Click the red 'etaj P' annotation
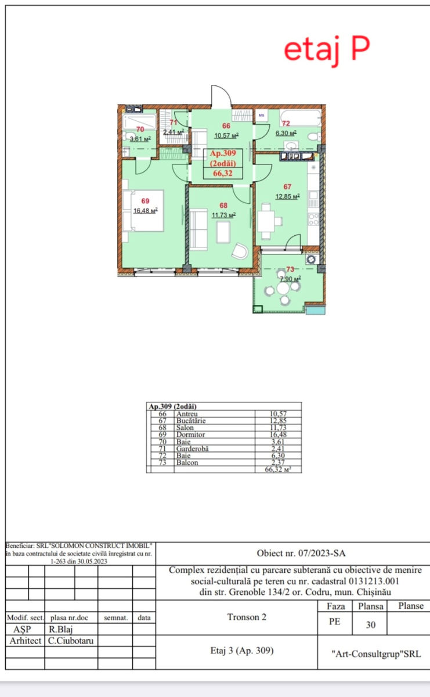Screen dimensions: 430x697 [x=327, y=51]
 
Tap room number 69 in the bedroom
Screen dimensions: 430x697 [x=145, y=201]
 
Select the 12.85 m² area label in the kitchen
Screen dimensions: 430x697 [x=287, y=196]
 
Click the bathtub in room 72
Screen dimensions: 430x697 [x=301, y=117]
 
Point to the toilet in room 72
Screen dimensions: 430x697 [x=314, y=136]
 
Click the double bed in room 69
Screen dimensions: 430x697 [x=143, y=211]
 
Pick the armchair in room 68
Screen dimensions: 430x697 [x=240, y=251]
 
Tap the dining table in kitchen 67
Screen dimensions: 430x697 [x=266, y=221]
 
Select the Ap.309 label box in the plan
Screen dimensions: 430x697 [x=223, y=164]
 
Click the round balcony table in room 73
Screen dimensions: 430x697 [x=283, y=288]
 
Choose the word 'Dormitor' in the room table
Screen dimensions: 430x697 [x=190, y=434]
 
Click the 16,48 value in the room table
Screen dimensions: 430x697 [x=278, y=434]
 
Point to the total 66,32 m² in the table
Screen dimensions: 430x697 [x=278, y=469]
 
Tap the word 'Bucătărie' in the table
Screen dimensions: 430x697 [x=191, y=421]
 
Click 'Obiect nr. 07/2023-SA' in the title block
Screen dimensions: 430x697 [x=301, y=553]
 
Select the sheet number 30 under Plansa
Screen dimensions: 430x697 [x=371, y=625]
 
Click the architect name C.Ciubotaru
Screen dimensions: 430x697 [x=71, y=641]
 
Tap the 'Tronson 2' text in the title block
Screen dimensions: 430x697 [x=247, y=617]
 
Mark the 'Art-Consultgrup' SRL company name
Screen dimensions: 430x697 [x=376, y=654]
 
